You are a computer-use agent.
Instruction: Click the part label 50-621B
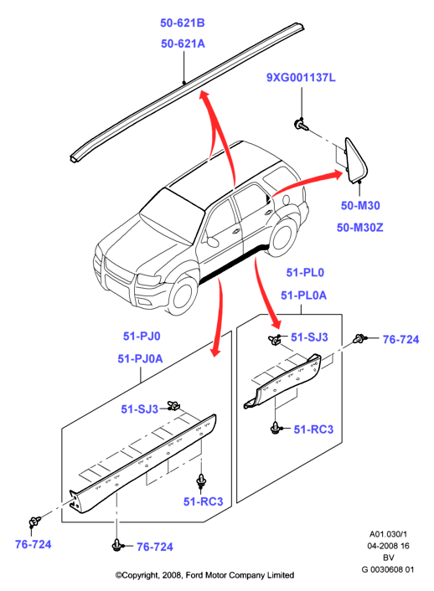click(x=183, y=23)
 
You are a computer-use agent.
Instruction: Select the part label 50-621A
click(x=183, y=44)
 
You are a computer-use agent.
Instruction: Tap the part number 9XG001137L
click(x=301, y=78)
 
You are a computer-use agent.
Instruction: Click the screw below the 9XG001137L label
click(x=301, y=125)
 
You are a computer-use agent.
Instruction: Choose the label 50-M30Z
click(x=359, y=228)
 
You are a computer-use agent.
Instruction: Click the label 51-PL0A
click(x=303, y=295)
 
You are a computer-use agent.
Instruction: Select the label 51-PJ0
click(x=142, y=336)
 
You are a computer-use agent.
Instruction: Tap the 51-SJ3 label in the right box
click(x=309, y=337)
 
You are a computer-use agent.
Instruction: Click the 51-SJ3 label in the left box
click(x=139, y=409)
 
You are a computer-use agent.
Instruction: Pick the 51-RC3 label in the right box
click(x=313, y=429)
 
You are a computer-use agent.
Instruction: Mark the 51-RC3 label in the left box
click(x=203, y=501)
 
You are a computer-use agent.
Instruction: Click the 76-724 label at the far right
click(x=400, y=340)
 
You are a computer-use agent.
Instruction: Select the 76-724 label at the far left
click(x=34, y=544)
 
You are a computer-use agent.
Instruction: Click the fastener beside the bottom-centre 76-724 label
click(x=117, y=545)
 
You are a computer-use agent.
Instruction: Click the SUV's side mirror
click(x=213, y=241)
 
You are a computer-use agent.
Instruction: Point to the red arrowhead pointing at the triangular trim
click(x=335, y=175)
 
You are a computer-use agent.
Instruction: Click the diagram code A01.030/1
click(x=388, y=534)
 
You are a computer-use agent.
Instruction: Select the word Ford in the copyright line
click(x=194, y=575)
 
